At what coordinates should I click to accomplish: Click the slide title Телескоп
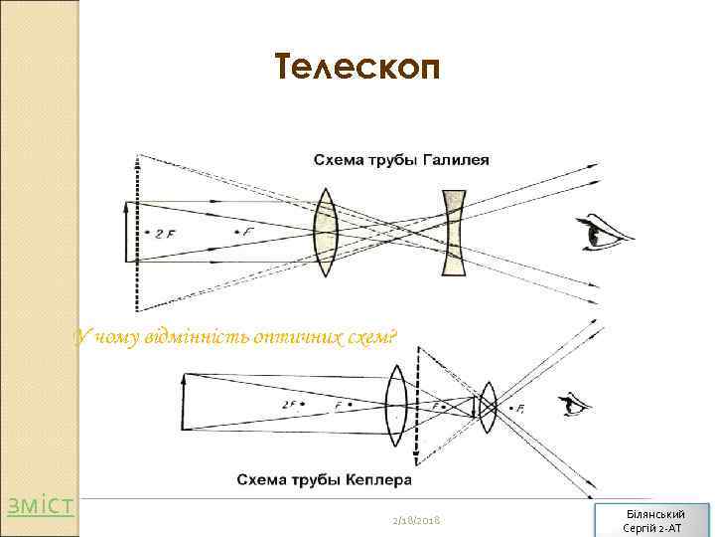click(x=354, y=68)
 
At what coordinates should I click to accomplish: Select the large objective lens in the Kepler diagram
click(x=395, y=405)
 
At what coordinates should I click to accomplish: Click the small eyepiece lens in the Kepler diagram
click(x=487, y=405)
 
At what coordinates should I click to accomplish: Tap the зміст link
click(x=41, y=506)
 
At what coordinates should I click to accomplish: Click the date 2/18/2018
click(x=416, y=521)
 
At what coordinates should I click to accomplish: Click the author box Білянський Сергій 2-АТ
click(x=652, y=519)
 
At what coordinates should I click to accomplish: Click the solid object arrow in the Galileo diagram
click(x=126, y=231)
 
